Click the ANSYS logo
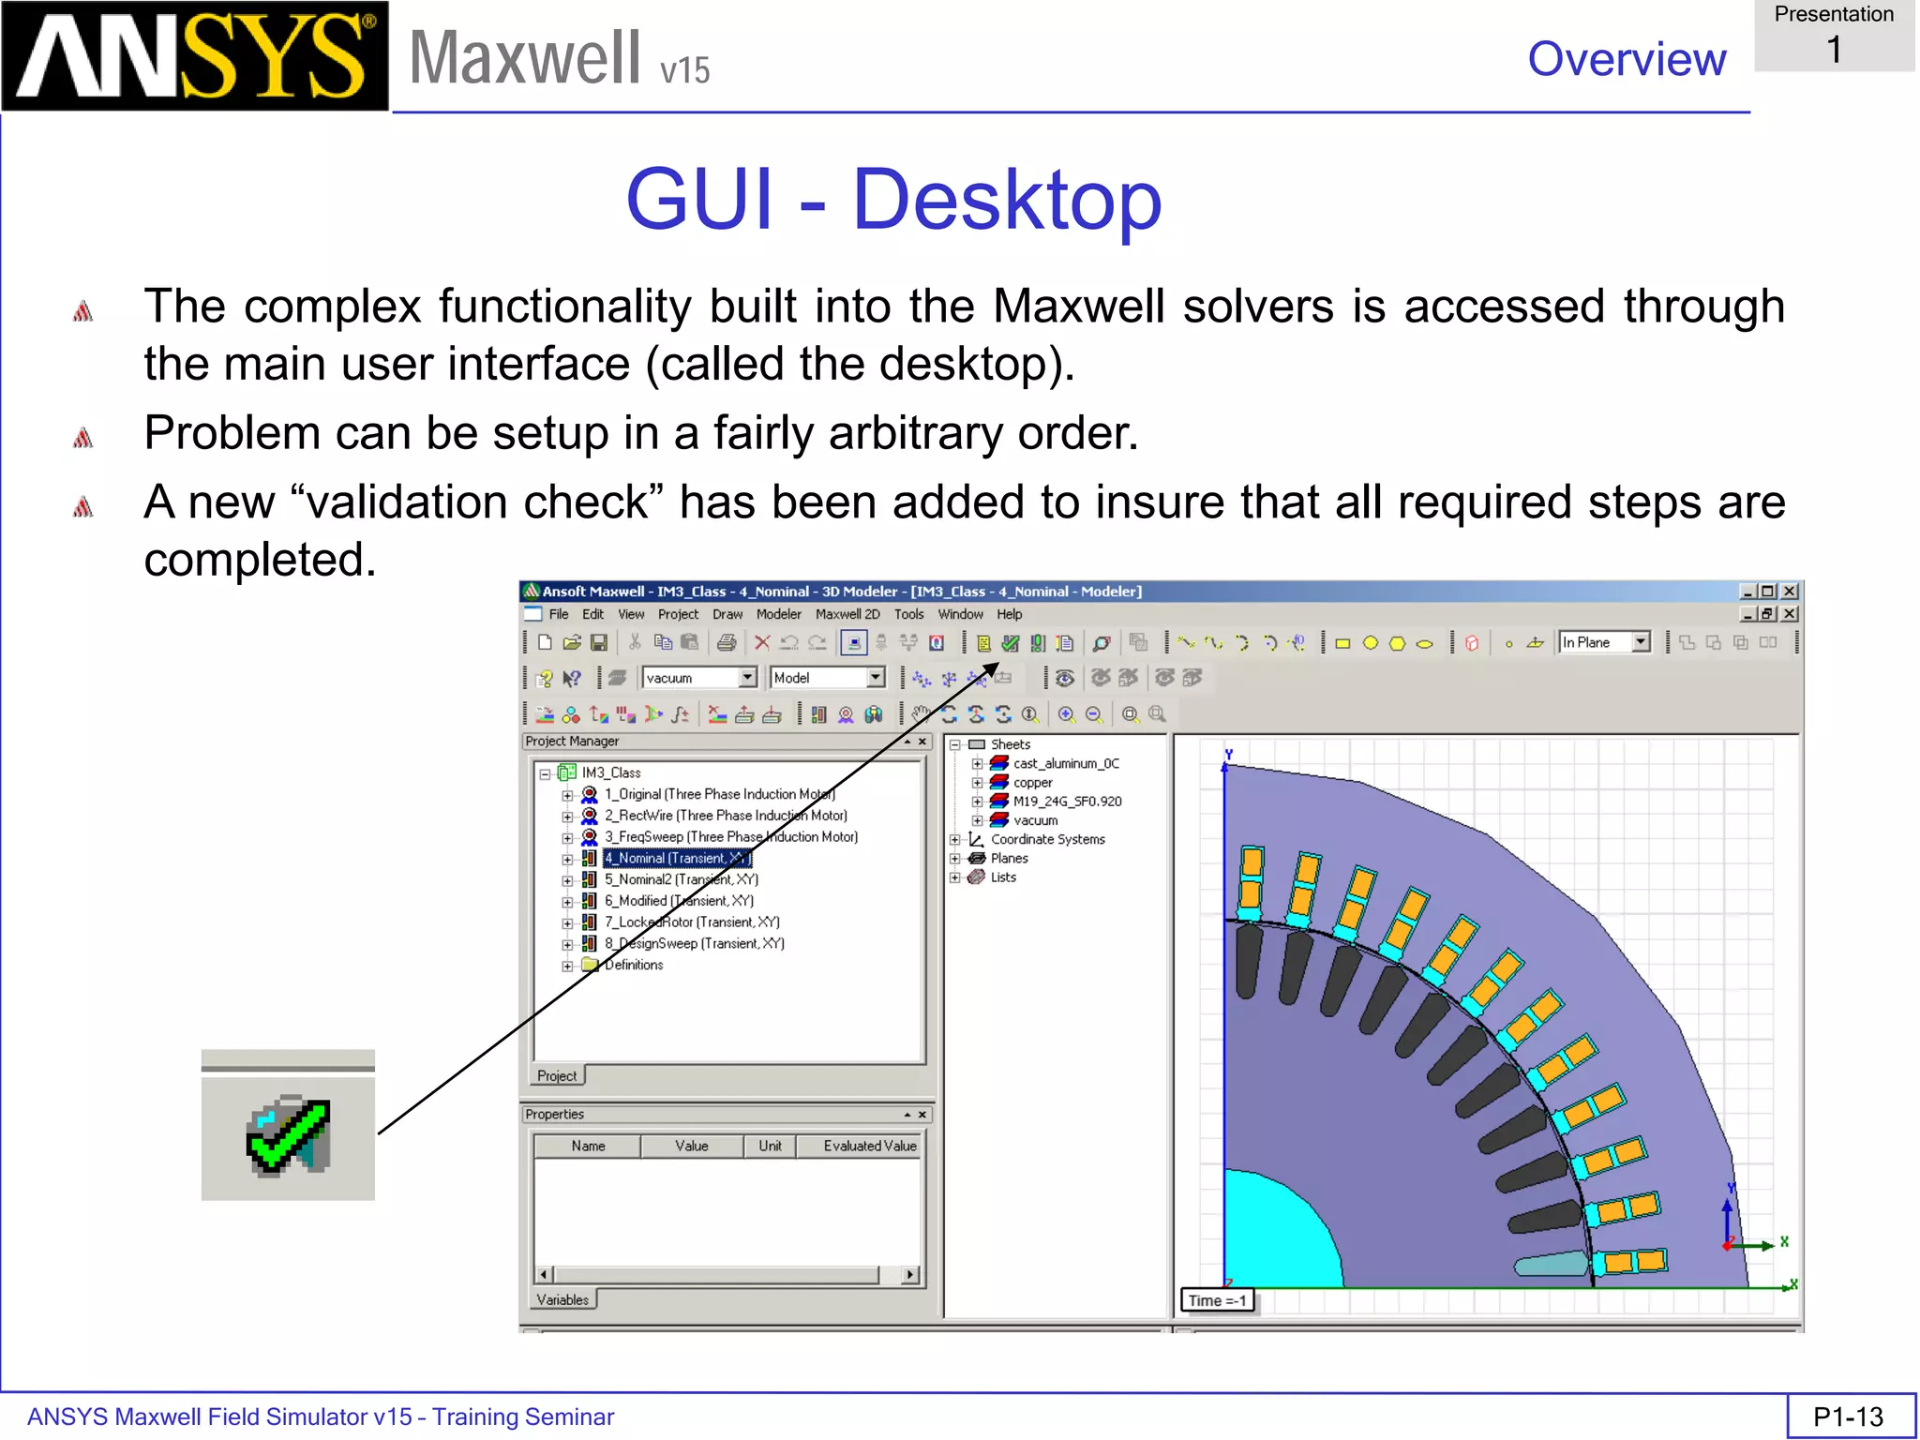[x=195, y=56]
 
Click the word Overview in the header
[x=1626, y=59]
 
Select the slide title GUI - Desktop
[x=893, y=199]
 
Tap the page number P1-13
[x=1848, y=1416]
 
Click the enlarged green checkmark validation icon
[x=288, y=1134]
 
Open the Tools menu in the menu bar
[x=908, y=614]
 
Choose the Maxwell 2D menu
[x=847, y=614]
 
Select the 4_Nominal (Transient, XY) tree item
[x=675, y=858]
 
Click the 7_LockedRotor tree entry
[x=691, y=922]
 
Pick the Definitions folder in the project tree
[x=633, y=965]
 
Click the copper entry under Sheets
[x=1032, y=782]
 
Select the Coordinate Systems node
[x=1047, y=839]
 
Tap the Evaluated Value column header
[x=869, y=1146]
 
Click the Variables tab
[x=562, y=1299]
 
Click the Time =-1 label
[x=1217, y=1300]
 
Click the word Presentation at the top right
[x=1834, y=14]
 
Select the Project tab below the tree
[x=557, y=1075]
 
